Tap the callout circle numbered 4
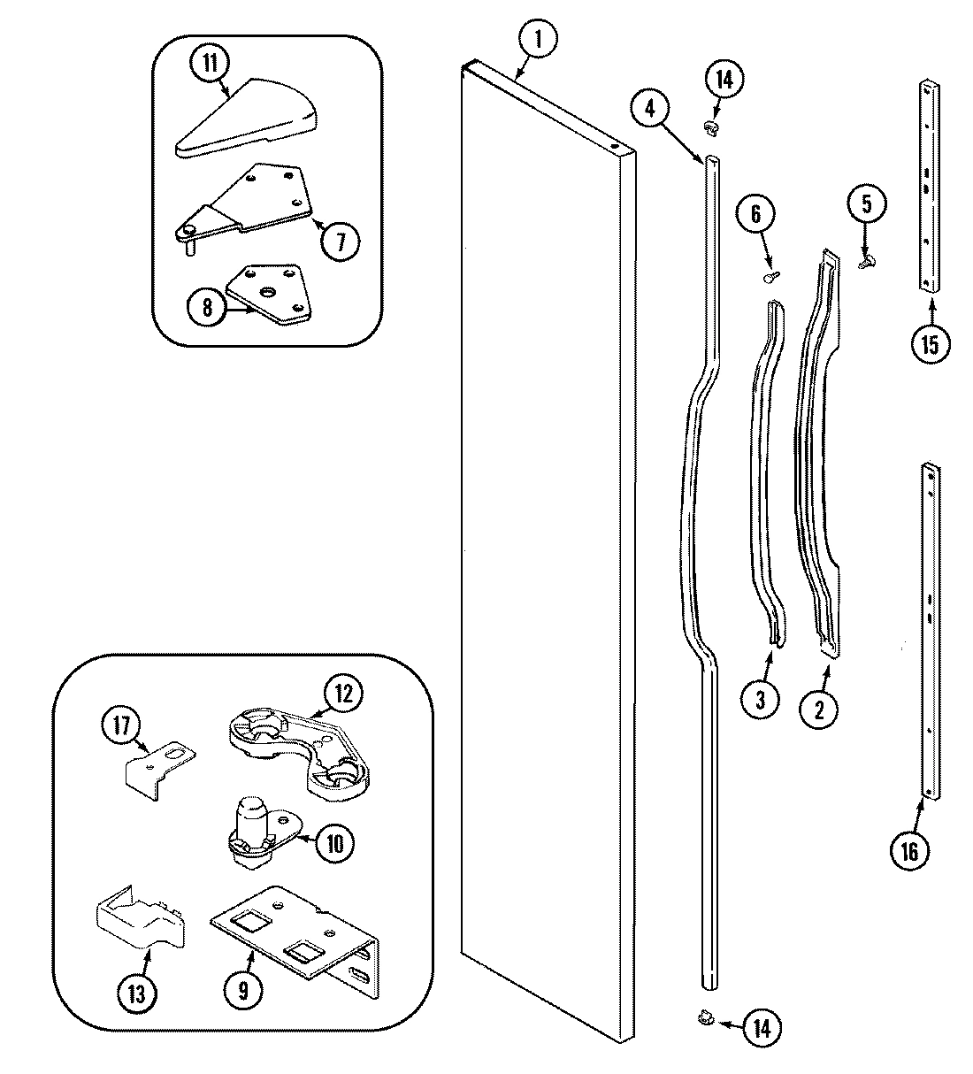click(x=651, y=109)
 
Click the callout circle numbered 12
click(x=342, y=694)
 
